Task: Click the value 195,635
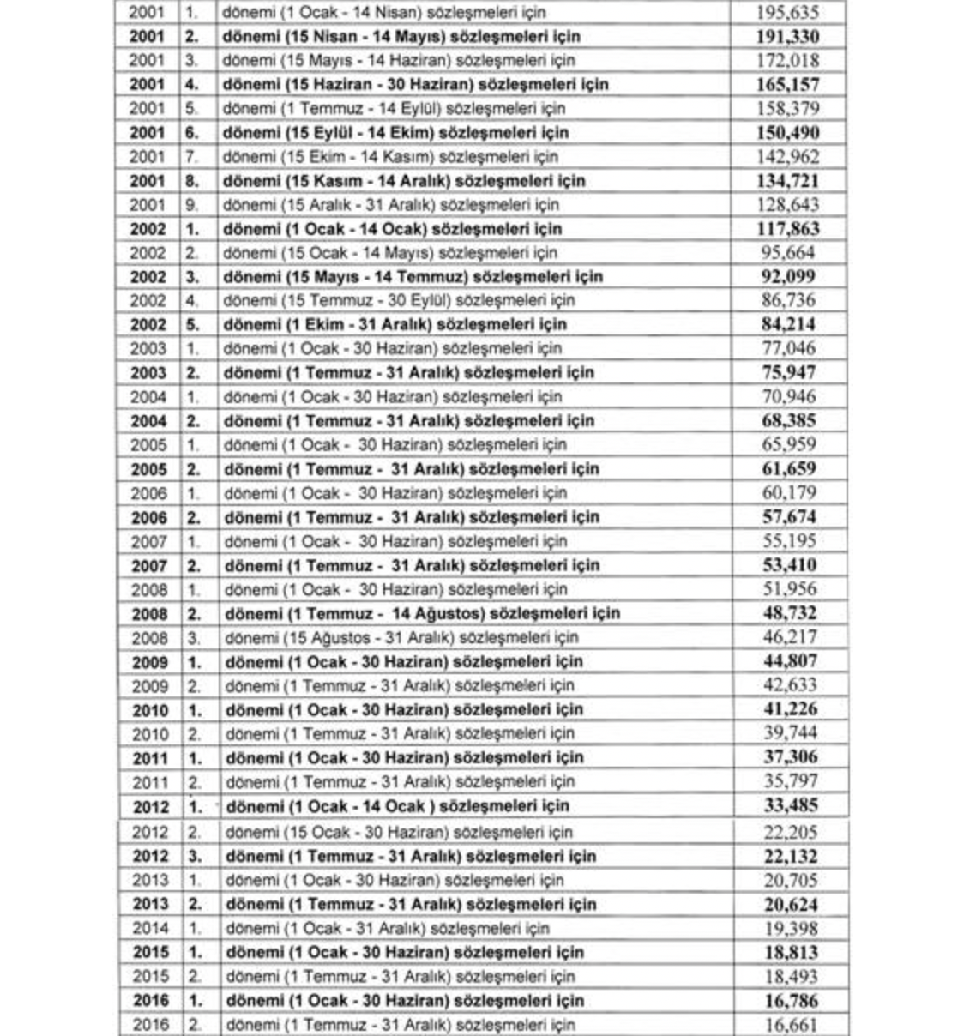(787, 13)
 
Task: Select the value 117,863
(787, 229)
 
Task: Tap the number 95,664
(787, 253)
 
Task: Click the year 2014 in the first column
(150, 928)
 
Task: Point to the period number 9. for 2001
(191, 205)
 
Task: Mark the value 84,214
(788, 324)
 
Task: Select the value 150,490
(787, 133)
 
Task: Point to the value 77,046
(788, 348)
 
